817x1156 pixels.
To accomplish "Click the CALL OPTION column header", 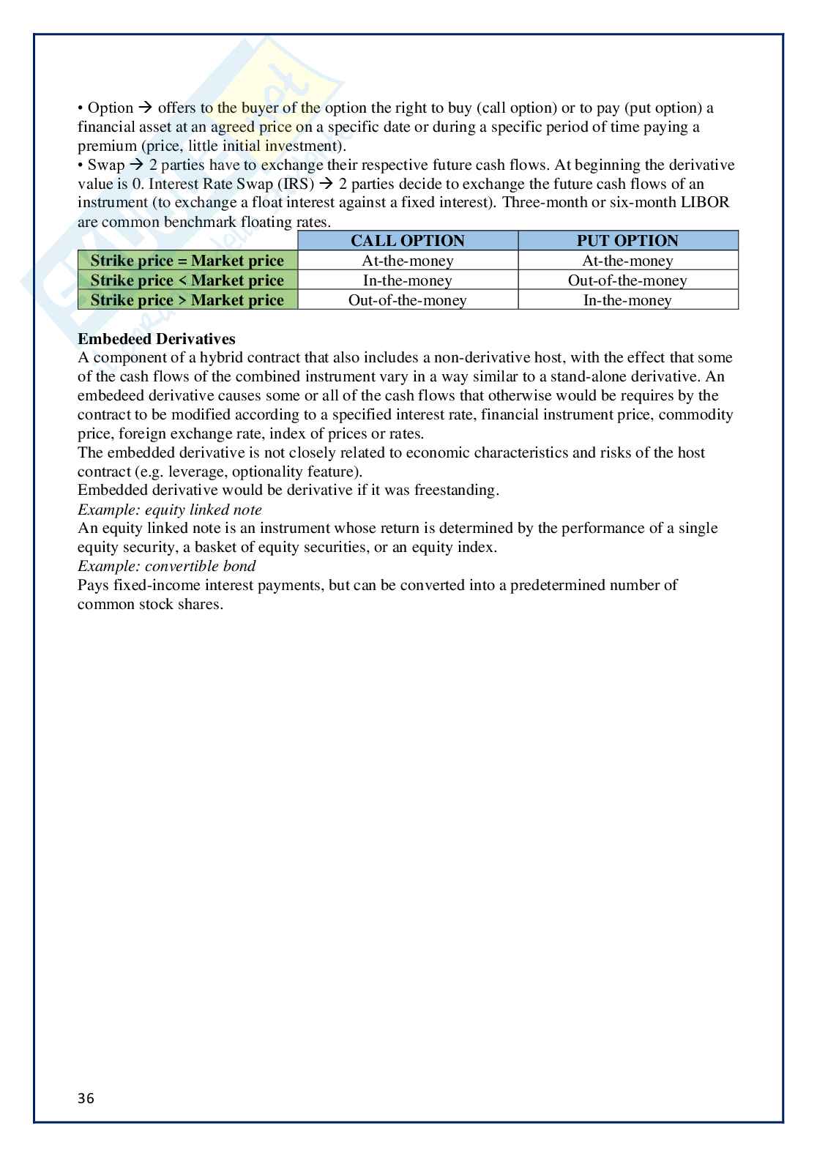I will tap(408, 241).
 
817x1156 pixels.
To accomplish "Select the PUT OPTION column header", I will tap(627, 241).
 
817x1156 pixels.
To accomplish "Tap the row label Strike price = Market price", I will tap(187, 261).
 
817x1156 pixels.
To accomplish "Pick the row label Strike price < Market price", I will tap(187, 280).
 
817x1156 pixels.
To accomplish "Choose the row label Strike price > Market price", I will tap(187, 300).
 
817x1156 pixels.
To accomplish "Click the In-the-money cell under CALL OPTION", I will tap(408, 280).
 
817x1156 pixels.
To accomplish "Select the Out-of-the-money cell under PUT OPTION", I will tap(627, 280).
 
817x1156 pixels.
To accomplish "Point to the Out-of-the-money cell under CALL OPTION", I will tap(408, 300).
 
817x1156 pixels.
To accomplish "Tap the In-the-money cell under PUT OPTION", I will tap(627, 300).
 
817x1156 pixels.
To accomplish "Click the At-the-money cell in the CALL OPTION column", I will tap(408, 261).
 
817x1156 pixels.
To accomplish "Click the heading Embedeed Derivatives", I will tap(157, 339).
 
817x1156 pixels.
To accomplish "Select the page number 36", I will tap(86, 1098).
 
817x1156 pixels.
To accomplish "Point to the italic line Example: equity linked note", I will tap(169, 510).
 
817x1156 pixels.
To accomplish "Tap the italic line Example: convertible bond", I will tap(167, 566).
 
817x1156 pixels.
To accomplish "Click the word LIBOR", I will tap(705, 203).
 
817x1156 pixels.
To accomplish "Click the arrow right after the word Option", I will tap(145, 108).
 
